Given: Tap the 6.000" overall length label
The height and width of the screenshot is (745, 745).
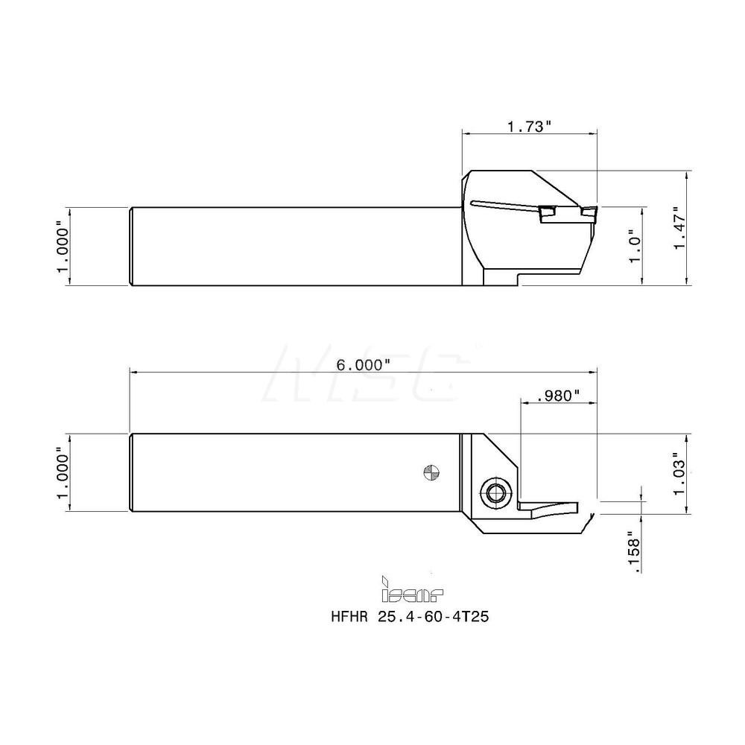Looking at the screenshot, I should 364,364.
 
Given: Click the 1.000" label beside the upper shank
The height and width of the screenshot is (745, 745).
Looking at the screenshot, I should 63,246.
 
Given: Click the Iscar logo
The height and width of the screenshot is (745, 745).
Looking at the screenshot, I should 412,592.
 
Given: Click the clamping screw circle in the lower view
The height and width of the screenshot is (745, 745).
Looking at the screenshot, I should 493,492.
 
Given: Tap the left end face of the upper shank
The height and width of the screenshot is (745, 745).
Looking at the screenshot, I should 131,246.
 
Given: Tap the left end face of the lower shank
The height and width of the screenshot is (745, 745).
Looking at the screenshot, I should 131,472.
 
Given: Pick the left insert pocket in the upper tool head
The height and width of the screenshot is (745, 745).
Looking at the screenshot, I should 549,214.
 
